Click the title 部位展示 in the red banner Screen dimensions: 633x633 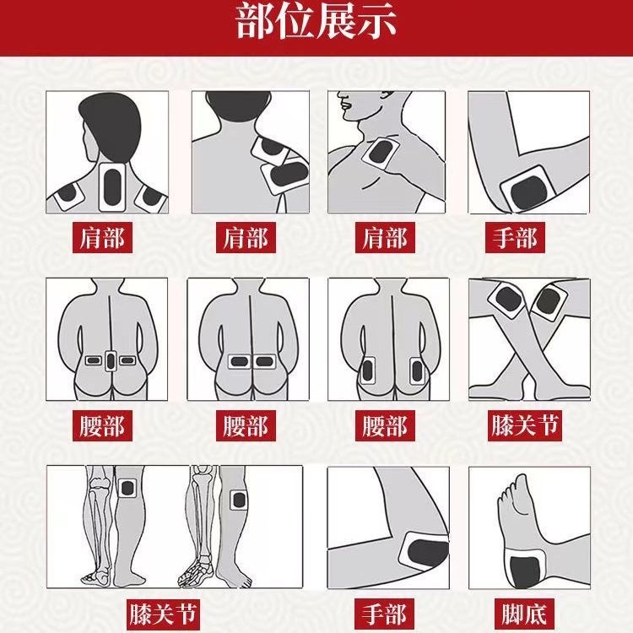click(316, 22)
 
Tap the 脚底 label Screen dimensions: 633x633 click(524, 614)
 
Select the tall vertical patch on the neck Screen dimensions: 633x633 click(112, 187)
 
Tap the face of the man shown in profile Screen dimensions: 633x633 click(350, 104)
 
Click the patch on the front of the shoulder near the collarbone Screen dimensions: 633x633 click(381, 153)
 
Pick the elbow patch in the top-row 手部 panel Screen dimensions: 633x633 click(527, 190)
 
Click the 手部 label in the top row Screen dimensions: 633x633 click(515, 237)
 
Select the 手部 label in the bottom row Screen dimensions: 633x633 click(384, 614)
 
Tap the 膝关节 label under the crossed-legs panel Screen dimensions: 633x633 click(524, 425)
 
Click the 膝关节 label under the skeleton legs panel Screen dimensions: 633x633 click(163, 614)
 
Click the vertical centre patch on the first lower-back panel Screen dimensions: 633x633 click(111, 361)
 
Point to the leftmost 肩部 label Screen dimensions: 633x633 click(102, 237)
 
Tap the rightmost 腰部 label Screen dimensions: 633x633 click(385, 425)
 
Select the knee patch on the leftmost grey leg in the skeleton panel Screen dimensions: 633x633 click(127, 488)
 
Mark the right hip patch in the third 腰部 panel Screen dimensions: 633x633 click(417, 371)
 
